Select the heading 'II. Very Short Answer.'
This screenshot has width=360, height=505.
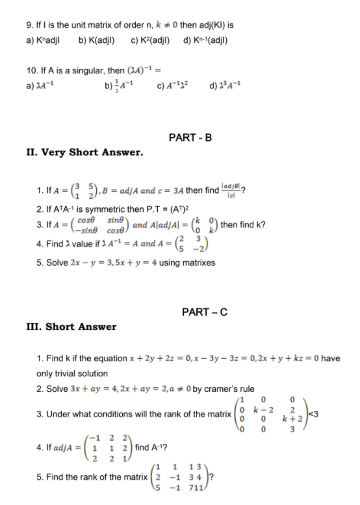click(81, 153)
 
